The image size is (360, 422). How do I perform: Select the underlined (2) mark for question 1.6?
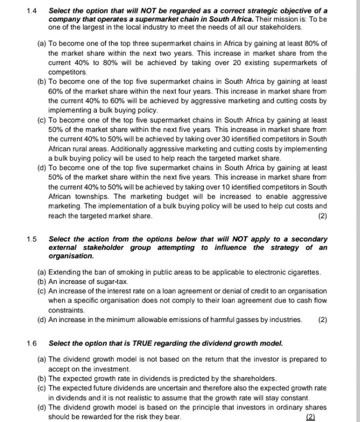click(310, 417)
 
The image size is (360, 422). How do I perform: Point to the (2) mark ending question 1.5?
click(322, 319)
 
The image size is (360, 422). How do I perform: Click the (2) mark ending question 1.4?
click(322, 216)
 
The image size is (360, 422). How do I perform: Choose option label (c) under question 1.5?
click(42, 291)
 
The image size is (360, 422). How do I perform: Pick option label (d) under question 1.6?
click(42, 407)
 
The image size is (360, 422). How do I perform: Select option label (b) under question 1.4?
click(42, 81)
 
